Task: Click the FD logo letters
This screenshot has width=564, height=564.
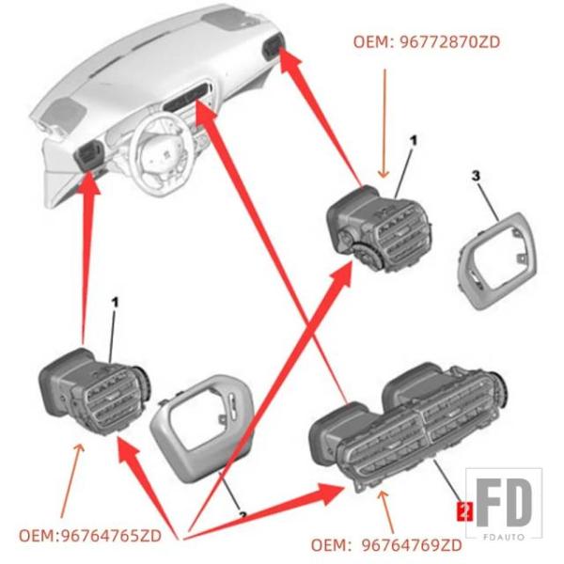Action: pos(508,503)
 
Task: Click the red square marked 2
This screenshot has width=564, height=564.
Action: pos(462,511)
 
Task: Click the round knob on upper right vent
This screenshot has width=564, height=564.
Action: pos(362,251)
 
